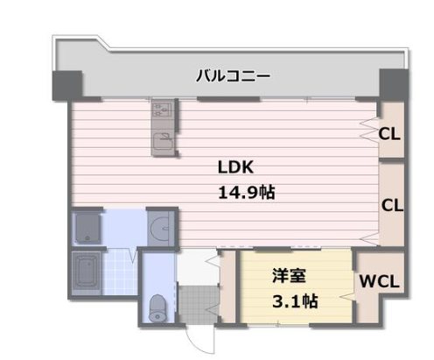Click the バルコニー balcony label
click(x=233, y=76)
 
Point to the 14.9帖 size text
click(x=246, y=192)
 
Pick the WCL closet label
click(x=381, y=283)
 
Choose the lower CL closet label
click(x=391, y=206)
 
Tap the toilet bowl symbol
click(x=158, y=307)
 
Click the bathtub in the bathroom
click(x=87, y=272)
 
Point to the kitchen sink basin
click(x=163, y=143)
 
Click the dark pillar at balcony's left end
click(x=66, y=84)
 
